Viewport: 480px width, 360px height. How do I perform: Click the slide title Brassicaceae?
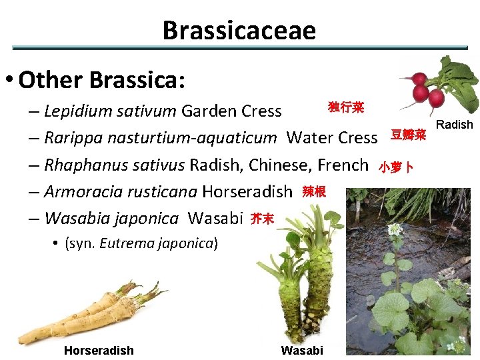[239, 30]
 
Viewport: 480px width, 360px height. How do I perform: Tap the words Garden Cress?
[231, 110]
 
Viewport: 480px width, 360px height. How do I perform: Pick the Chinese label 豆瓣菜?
[408, 135]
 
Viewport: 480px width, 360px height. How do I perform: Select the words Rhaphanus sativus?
[115, 165]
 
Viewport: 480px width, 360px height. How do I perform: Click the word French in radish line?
[343, 165]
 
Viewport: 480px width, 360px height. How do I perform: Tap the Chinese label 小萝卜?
[396, 167]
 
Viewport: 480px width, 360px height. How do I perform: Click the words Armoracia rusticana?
[121, 192]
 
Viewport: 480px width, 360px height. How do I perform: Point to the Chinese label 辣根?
[314, 192]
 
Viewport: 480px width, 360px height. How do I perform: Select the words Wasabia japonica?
[111, 218]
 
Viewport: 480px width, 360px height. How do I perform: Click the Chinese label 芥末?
[262, 219]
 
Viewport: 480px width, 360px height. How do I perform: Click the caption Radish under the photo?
[454, 125]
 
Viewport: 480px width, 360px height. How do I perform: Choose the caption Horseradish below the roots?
[99, 351]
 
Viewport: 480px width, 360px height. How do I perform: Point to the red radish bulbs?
[427, 90]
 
